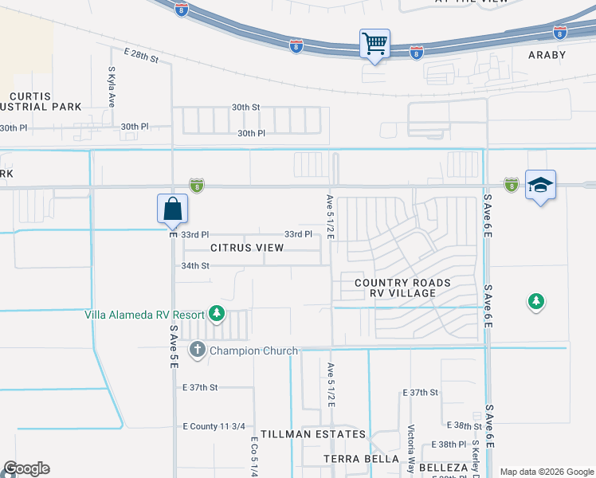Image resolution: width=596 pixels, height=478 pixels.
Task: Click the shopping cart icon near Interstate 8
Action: pos(374,42)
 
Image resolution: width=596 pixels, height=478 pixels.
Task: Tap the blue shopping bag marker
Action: pos(173,210)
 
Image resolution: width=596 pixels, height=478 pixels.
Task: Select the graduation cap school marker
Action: pos(540,186)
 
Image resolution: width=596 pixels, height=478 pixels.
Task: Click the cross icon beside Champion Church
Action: pos(197,350)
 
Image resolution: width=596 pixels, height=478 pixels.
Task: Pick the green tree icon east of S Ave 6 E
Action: pos(536,301)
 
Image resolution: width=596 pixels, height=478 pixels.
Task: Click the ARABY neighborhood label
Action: pos(547,55)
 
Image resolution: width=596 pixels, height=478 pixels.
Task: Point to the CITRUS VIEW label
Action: pos(247,248)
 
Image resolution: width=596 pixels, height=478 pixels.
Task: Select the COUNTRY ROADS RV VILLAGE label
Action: pos(402,288)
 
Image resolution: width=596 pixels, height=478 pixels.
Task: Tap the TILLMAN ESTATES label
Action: pos(318,434)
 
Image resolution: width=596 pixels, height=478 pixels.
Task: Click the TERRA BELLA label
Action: pos(361,459)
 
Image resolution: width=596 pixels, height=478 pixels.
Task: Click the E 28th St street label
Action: pos(142,54)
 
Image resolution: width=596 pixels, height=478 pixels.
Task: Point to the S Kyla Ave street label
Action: pos(112,88)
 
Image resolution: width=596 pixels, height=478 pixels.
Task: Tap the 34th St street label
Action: pos(195,265)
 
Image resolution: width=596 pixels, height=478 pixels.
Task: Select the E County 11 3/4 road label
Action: pos(212,426)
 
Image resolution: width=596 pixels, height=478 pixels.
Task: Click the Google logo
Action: pos(26,468)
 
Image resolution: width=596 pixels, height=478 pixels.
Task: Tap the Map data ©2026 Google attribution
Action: pos(546,472)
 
